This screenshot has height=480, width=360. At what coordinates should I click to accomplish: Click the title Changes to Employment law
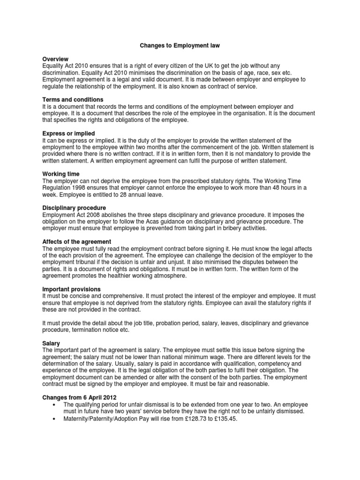pos(180,46)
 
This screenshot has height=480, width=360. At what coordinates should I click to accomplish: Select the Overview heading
pos(55,60)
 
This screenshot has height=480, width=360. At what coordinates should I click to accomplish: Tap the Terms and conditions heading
pos(73,100)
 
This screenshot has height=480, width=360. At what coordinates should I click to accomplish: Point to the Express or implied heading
pos(68,134)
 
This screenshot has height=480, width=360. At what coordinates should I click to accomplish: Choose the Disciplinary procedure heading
pos(74,208)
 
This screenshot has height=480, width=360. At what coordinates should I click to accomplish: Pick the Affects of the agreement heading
pos(77,241)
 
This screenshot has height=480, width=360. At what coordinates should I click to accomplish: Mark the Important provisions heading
pos(72,289)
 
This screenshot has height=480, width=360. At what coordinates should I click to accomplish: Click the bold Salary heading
pos(51,344)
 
